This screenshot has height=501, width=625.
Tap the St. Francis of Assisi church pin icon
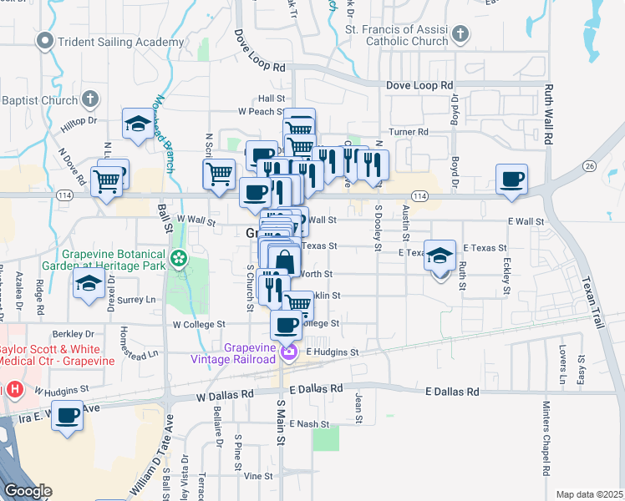(460, 34)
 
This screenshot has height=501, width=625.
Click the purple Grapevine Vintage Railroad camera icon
(289, 352)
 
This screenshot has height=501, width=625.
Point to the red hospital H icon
(14, 389)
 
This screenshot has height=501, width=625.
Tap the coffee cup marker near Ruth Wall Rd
(511, 179)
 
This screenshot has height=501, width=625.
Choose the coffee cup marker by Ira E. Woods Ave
(68, 414)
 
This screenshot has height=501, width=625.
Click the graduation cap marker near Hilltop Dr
(138, 124)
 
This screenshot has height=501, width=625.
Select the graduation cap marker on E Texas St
(440, 255)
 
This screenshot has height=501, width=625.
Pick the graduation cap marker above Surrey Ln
(89, 283)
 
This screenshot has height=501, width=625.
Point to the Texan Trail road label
(588, 293)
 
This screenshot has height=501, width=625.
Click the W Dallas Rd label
(225, 398)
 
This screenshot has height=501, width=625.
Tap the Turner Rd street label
(409, 132)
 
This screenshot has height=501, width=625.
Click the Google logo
(28, 491)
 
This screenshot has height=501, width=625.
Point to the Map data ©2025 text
(588, 494)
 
